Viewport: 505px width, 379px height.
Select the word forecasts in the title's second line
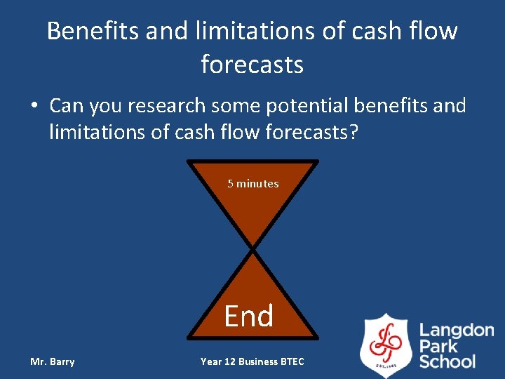(x=252, y=65)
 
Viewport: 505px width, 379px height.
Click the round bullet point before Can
(x=34, y=107)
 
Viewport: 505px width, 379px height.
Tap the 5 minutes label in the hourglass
(x=252, y=184)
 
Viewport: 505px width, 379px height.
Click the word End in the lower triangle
(x=249, y=317)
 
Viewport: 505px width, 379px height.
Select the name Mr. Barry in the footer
(x=52, y=361)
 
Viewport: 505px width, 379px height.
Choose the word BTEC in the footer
(x=292, y=361)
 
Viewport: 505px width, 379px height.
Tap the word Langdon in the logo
(x=457, y=330)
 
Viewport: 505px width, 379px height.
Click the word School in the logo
(x=447, y=361)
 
